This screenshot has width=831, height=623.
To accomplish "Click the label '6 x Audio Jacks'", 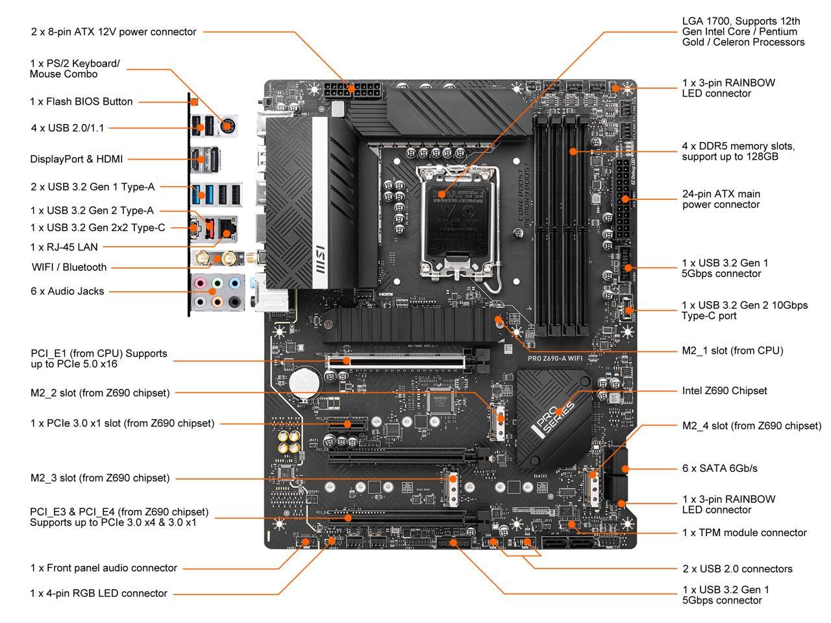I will pyautogui.click(x=67, y=291).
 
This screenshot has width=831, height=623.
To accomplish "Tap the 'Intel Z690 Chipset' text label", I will pyautogui.click(x=724, y=391).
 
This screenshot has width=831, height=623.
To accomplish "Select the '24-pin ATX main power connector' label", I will pyautogui.click(x=721, y=199).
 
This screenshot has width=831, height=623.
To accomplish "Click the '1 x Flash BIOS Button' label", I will pyautogui.click(x=81, y=101).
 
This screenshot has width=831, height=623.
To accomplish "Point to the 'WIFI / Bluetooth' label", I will pyautogui.click(x=69, y=267).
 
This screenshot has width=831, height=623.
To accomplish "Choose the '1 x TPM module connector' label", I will pyautogui.click(x=744, y=533).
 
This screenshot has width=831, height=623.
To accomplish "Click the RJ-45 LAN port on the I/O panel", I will pyautogui.click(x=226, y=228).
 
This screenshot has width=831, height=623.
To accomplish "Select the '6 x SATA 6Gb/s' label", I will pyautogui.click(x=719, y=468).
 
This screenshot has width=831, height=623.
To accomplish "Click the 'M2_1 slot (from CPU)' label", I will pyautogui.click(x=732, y=350).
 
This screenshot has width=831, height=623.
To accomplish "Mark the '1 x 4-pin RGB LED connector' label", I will pyautogui.click(x=99, y=593).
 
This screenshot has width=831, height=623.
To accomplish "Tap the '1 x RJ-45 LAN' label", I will pyautogui.click(x=64, y=247).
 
